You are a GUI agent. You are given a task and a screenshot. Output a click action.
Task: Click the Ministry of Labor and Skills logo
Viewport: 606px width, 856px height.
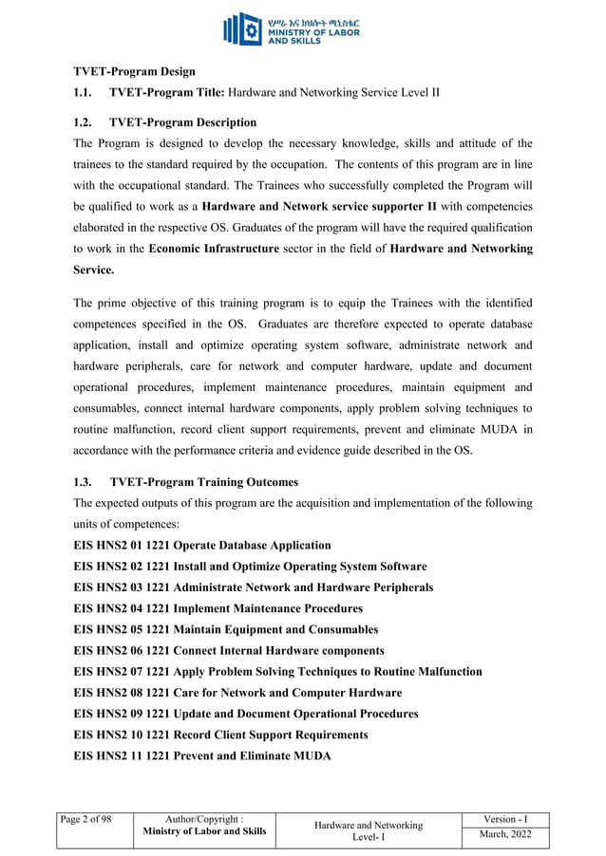pos(302,29)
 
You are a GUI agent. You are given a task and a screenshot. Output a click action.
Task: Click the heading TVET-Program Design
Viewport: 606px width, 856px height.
pos(134,71)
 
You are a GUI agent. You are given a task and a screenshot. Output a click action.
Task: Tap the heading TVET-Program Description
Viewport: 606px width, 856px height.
pos(182,122)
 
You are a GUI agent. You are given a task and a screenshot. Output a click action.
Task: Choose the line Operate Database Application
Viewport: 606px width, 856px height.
pos(202,546)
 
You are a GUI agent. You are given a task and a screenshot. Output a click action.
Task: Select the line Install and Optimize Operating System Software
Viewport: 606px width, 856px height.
pos(250,567)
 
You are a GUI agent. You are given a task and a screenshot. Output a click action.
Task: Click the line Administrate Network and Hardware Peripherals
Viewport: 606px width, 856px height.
pos(253,587)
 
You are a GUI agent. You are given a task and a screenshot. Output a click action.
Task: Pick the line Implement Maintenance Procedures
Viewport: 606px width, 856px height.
pos(218,608)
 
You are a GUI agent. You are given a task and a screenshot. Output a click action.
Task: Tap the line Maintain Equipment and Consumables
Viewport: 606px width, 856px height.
pos(225,629)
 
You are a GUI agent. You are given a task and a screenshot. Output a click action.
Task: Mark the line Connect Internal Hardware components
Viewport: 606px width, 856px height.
pos(229,650)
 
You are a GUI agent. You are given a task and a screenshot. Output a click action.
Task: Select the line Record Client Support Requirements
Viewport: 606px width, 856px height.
pos(220,735)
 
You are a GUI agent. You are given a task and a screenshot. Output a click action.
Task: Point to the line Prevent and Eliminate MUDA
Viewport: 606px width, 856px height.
pos(202,755)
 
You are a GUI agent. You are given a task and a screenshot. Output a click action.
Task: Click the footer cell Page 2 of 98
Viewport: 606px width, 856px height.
pos(85,819)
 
